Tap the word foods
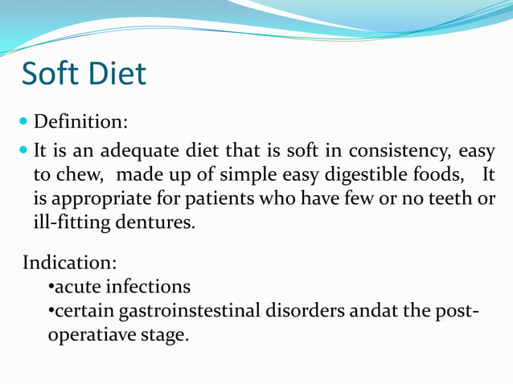point(429,174)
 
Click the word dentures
point(152,221)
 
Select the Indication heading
point(70,263)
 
